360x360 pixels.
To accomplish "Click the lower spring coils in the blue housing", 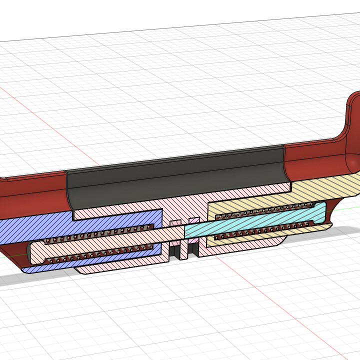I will point(100,254).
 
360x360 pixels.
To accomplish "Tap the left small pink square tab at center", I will point(175,222).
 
